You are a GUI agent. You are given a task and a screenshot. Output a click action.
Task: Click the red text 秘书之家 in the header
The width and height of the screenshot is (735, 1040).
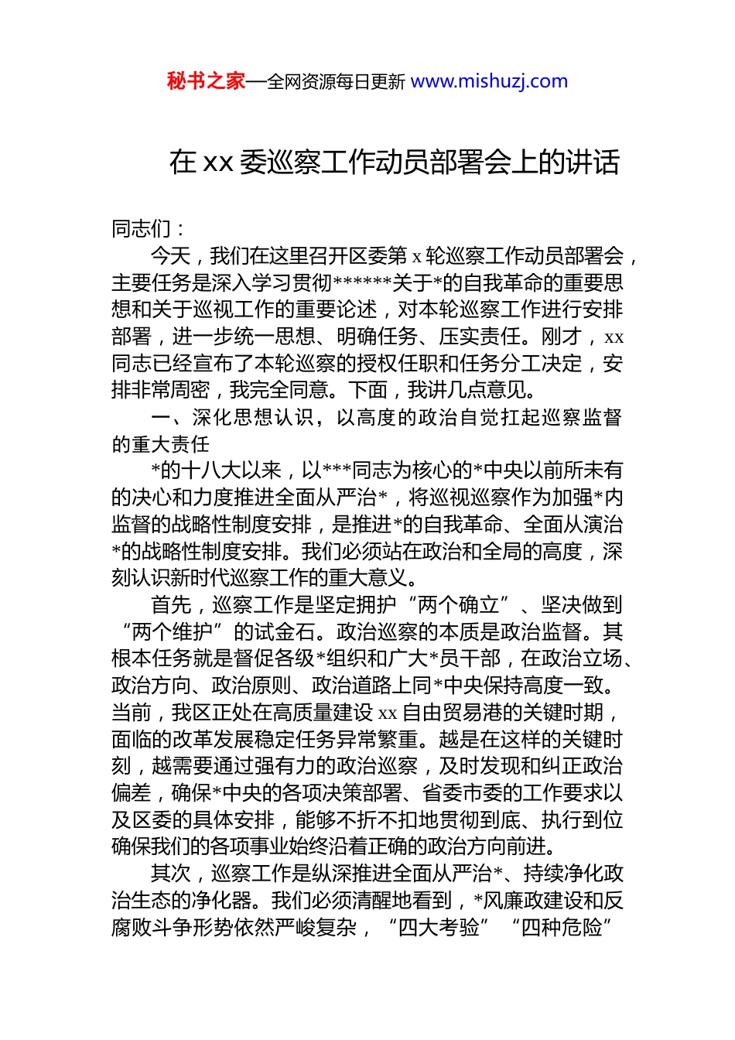click(x=205, y=81)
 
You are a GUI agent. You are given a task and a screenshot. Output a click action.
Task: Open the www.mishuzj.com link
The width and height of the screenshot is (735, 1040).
click(x=489, y=81)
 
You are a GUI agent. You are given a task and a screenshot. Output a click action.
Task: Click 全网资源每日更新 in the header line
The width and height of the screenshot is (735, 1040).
click(x=335, y=82)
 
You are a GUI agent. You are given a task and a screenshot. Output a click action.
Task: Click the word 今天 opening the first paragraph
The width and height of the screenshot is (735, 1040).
click(x=170, y=256)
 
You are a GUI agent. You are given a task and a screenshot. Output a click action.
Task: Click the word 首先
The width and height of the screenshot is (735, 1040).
click(x=170, y=605)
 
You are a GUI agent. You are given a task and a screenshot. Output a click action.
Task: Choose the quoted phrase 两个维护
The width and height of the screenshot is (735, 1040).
click(x=173, y=632)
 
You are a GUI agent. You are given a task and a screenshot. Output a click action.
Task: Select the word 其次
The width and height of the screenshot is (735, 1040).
click(x=170, y=874)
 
